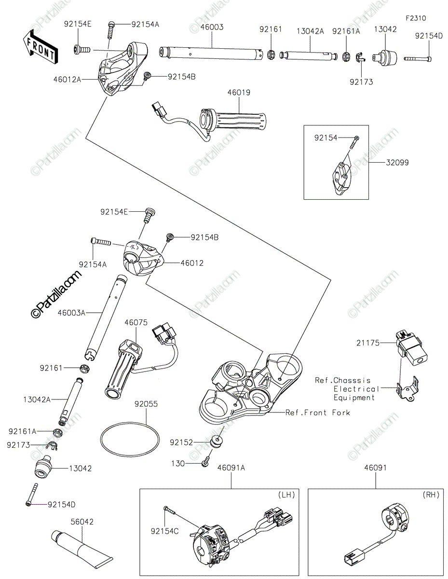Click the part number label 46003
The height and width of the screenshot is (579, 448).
212,27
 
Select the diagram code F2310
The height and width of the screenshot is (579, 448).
416,18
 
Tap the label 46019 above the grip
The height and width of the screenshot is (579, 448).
239,93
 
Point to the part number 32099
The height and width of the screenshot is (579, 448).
397,162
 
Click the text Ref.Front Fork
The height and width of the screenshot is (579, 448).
318,413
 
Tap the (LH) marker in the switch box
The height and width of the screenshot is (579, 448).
286,495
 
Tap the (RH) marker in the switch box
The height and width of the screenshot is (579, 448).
431,495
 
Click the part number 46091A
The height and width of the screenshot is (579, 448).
231,468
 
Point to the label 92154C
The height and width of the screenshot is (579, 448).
165,531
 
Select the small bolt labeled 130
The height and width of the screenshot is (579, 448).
206,464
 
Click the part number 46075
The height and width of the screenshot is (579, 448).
136,323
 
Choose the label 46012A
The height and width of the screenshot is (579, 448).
67,80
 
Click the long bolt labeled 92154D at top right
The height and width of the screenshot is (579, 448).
418,59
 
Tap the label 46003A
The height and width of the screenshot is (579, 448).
71,313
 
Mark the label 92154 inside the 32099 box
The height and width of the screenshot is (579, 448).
326,138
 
